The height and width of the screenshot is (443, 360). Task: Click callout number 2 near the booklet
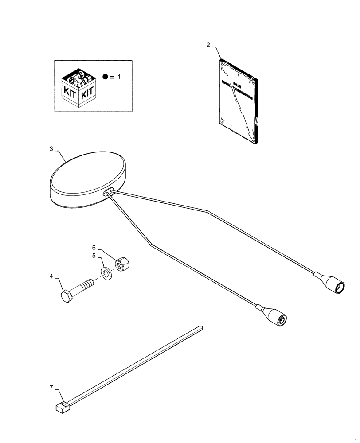(x=208, y=45)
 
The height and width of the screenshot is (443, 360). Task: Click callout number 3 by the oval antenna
(x=51, y=149)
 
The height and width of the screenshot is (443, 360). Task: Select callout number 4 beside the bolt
(x=51, y=276)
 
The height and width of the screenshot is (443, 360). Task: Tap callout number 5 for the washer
(x=94, y=256)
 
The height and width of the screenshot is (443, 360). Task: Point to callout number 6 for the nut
(x=94, y=247)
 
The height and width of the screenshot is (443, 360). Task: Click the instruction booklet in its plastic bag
(x=238, y=101)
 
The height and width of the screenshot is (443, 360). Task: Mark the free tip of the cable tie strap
(x=200, y=328)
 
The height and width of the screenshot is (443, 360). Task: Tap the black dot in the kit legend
(x=105, y=77)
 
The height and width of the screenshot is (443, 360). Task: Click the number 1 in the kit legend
(x=118, y=77)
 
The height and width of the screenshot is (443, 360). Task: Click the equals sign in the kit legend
(x=112, y=77)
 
